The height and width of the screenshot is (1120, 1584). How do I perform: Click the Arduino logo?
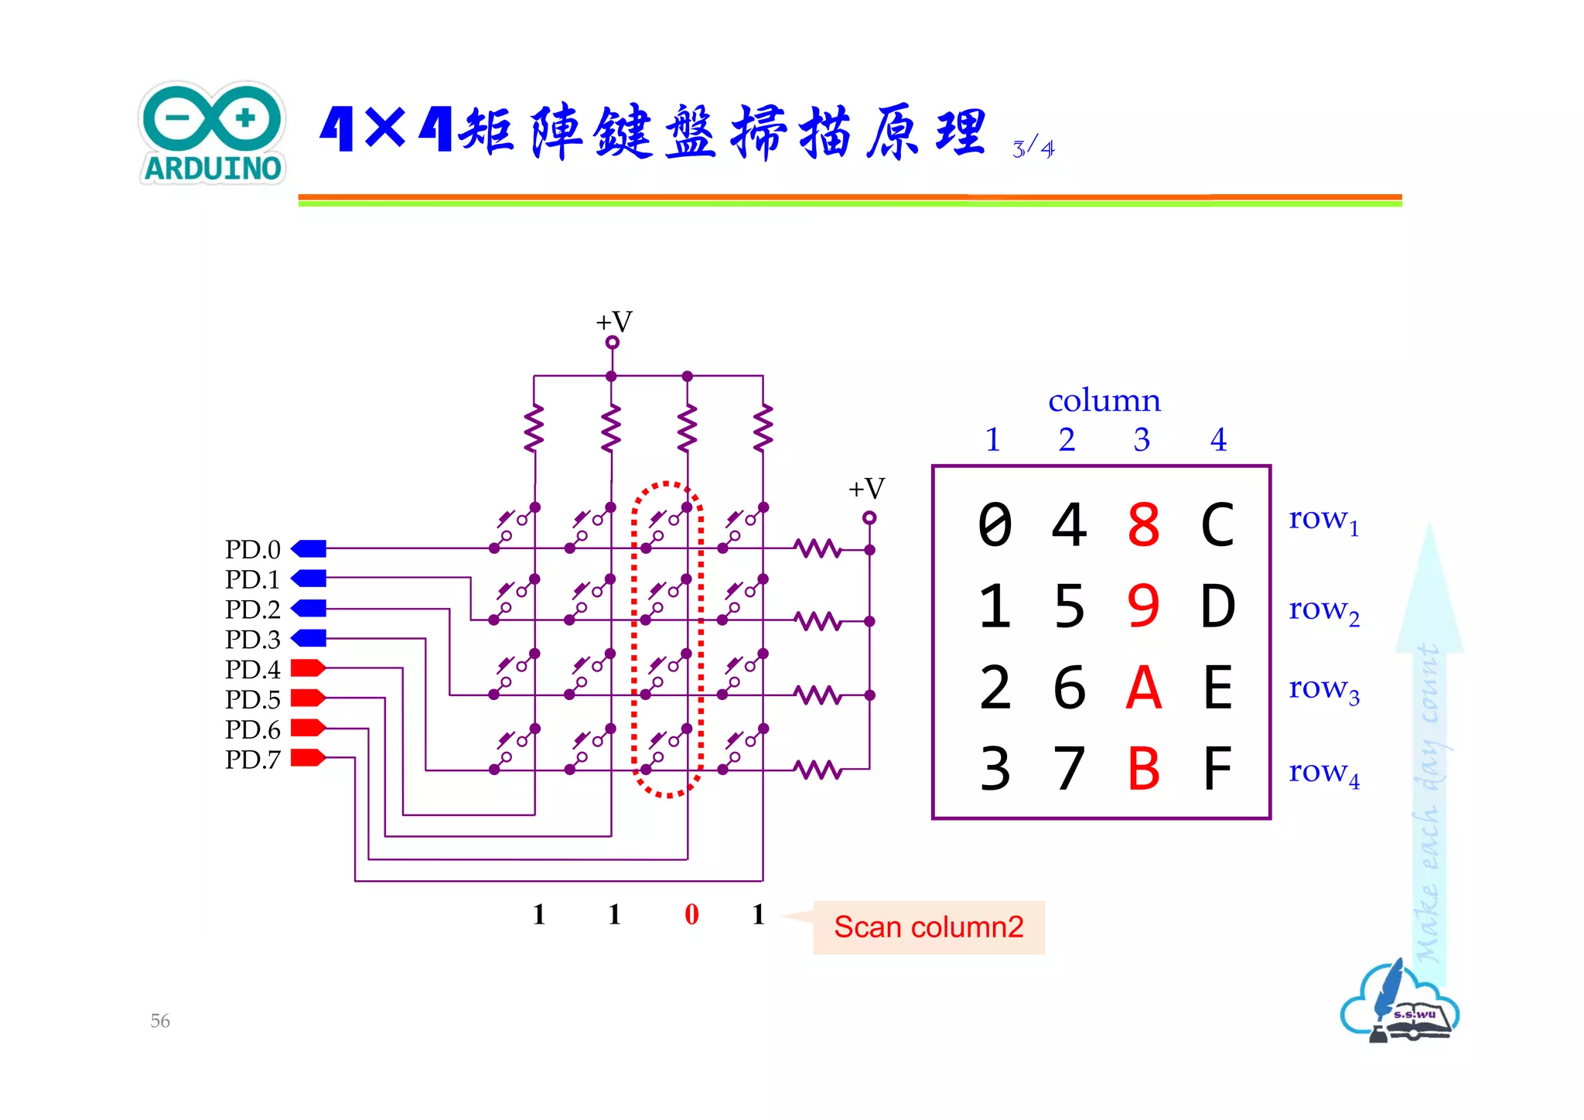(213, 133)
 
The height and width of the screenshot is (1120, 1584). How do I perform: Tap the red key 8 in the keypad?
(1143, 525)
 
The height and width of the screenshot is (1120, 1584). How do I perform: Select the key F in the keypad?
(1217, 768)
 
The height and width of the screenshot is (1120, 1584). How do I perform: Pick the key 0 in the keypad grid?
(995, 525)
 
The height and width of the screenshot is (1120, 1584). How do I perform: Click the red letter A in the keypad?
(1143, 688)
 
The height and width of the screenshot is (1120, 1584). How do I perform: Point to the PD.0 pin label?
(252, 549)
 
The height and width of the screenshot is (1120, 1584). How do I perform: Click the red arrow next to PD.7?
(308, 757)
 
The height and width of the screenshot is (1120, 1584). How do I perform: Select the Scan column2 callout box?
(928, 927)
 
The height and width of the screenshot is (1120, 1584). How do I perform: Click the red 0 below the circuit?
(691, 914)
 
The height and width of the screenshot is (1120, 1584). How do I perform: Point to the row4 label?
(1323, 772)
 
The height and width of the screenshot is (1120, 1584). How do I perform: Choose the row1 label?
(1323, 520)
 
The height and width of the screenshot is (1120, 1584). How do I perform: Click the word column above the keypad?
(1104, 401)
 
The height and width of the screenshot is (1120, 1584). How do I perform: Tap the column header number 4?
(1218, 439)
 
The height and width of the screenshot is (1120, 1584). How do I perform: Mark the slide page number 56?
(160, 1020)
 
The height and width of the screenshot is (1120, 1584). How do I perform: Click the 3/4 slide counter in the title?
(1033, 147)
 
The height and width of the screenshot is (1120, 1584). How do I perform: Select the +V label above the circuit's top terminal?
(614, 322)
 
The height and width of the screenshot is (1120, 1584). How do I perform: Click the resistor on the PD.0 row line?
(818, 549)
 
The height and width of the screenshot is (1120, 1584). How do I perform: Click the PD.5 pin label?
(252, 699)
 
